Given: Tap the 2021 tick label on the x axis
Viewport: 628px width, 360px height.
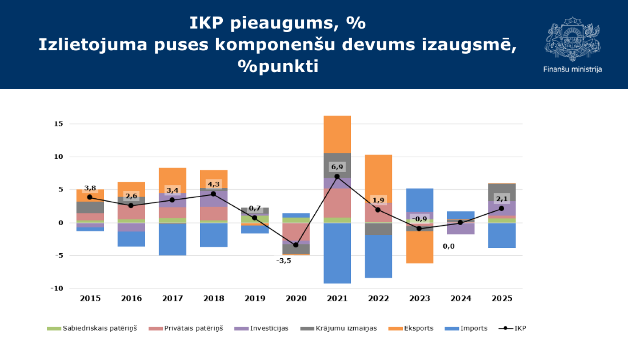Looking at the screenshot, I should (x=337, y=298).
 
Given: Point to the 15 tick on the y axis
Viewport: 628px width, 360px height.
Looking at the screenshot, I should (x=58, y=124).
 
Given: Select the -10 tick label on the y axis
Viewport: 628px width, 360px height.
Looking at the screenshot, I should (x=57, y=288).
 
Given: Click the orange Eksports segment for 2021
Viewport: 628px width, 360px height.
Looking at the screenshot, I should (x=337, y=134).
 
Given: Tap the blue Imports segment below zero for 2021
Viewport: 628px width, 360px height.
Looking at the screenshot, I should (x=337, y=253).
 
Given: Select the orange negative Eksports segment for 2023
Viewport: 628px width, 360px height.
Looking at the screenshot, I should (x=420, y=247).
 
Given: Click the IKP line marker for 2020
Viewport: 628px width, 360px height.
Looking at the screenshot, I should (x=296, y=245).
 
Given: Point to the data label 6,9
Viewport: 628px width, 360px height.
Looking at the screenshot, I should (x=337, y=167).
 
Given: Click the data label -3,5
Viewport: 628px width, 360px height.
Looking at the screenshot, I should (x=283, y=261).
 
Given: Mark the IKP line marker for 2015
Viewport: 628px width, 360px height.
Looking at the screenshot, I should (x=90, y=197).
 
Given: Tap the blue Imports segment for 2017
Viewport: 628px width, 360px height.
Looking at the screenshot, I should (x=172, y=239).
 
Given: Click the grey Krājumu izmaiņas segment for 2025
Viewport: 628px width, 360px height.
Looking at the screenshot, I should (x=502, y=193).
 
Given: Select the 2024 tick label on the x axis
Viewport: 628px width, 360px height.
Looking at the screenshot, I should (x=461, y=298).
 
